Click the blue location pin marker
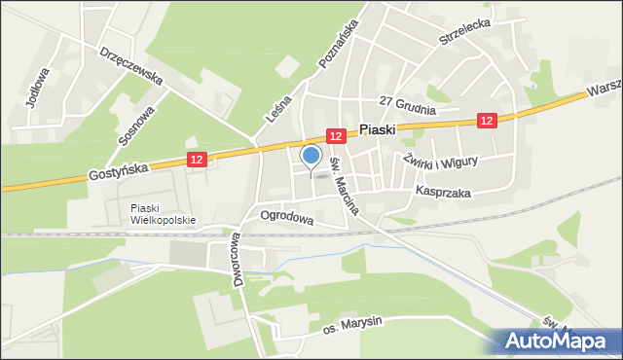tap(311, 155)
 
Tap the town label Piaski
tap(377, 128)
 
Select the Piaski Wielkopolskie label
tap(163, 213)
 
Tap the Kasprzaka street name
tap(442, 194)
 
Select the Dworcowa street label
tap(237, 258)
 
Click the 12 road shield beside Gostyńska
tap(197, 159)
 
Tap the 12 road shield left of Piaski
tap(336, 137)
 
